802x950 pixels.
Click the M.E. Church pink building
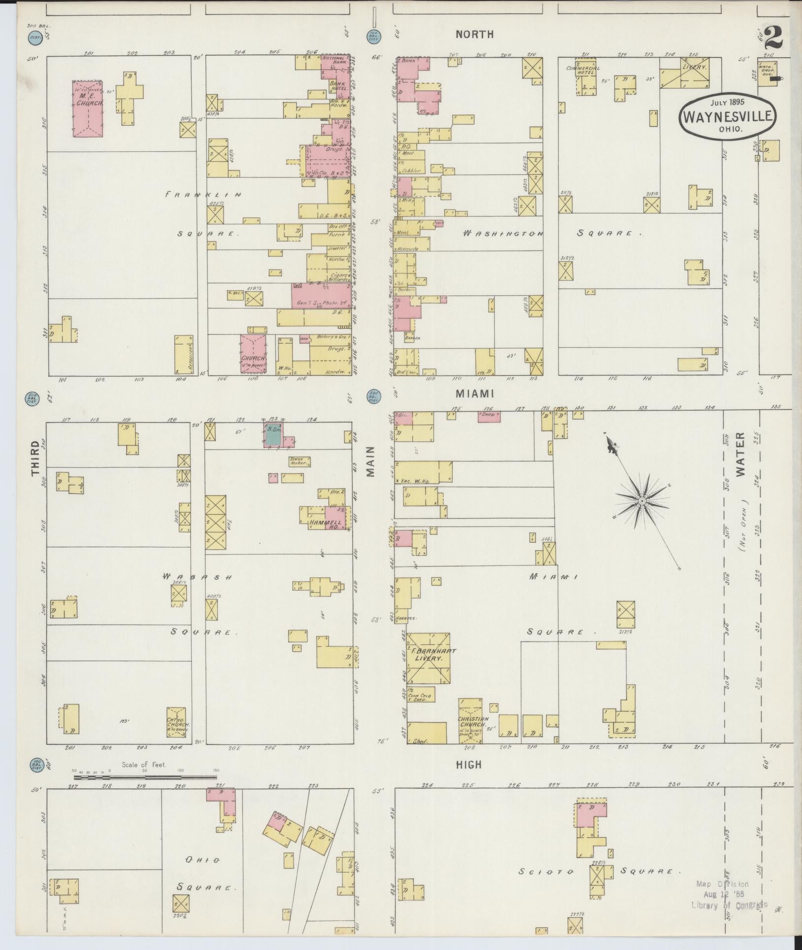click(x=88, y=108)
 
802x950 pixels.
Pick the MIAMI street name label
click(x=474, y=393)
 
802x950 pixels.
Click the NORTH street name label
click(x=474, y=34)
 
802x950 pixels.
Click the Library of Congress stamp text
click(x=729, y=905)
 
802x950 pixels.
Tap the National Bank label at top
click(x=334, y=61)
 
